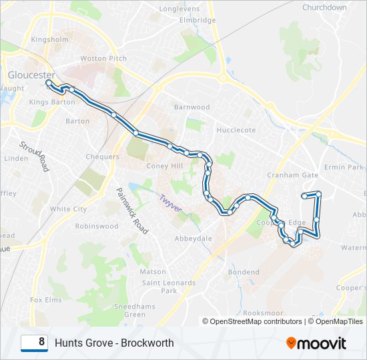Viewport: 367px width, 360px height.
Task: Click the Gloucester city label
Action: pyautogui.click(x=31, y=75)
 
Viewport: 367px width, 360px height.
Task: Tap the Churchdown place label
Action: pyautogui.click(x=324, y=7)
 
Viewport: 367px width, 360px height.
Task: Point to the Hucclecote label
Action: pyautogui.click(x=236, y=130)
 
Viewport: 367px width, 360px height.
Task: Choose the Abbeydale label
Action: pyautogui.click(x=193, y=238)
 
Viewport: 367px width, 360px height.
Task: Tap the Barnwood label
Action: pyautogui.click(x=192, y=107)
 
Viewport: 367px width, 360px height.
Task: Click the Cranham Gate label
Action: pyautogui.click(x=293, y=175)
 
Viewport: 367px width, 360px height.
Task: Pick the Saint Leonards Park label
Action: pyautogui.click(x=160, y=286)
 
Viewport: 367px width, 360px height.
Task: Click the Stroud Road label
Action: pyautogui.click(x=35, y=156)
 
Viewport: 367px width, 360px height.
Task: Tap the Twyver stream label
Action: pyautogui.click(x=170, y=203)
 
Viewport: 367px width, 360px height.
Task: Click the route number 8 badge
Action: pyautogui.click(x=34, y=343)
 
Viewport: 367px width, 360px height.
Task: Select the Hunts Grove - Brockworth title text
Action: pyautogui.click(x=114, y=343)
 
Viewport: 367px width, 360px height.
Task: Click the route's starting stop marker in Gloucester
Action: pyautogui.click(x=49, y=83)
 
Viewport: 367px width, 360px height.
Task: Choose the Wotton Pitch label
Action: pyautogui.click(x=103, y=59)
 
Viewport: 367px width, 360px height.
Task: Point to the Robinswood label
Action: pyautogui.click(x=97, y=226)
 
